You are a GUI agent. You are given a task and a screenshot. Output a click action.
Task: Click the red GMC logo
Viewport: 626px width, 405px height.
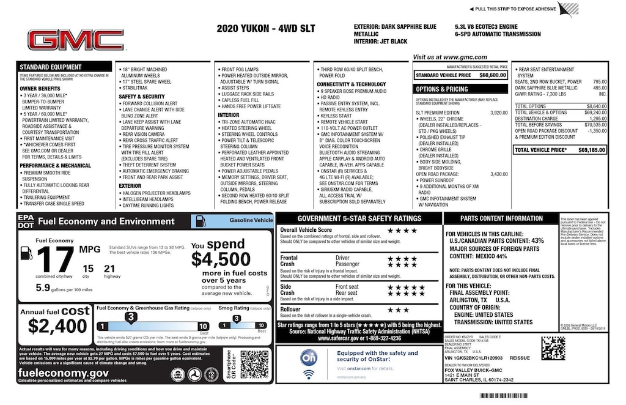tap(75, 40)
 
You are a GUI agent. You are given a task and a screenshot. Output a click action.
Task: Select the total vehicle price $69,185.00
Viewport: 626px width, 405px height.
tap(591, 149)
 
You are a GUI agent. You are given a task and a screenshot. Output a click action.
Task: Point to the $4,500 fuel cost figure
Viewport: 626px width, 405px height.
tap(221, 259)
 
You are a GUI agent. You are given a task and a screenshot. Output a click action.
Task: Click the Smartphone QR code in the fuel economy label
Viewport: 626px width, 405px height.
tap(254, 365)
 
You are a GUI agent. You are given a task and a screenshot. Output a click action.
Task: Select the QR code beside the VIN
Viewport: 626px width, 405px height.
tap(553, 347)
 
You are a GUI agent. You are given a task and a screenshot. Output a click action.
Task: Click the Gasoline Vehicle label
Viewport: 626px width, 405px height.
tap(250, 220)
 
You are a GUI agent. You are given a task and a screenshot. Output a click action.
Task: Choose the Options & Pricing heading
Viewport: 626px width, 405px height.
tap(442, 89)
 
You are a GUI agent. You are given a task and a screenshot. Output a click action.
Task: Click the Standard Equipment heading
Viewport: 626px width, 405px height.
tap(50, 67)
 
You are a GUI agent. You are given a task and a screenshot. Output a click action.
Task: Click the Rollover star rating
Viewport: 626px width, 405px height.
tap(398, 310)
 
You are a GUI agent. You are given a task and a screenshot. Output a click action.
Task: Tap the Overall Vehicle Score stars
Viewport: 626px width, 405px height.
tap(402, 231)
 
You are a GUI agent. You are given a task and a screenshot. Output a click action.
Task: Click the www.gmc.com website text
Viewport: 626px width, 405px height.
tap(441, 57)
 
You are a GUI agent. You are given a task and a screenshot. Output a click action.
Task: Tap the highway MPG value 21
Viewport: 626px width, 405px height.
tap(109, 268)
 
